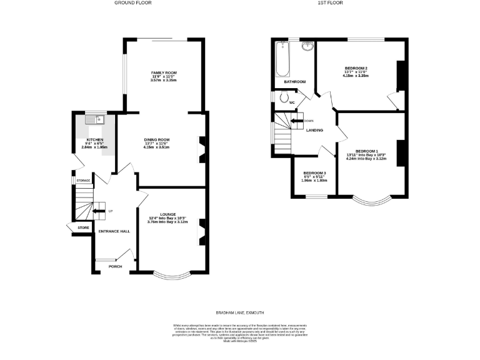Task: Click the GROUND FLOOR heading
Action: pyautogui.click(x=133, y=3)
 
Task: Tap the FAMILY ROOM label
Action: pyautogui.click(x=164, y=73)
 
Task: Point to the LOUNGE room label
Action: pyautogui.click(x=167, y=214)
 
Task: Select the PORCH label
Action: pyautogui.click(x=115, y=266)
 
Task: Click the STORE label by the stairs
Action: pyautogui.click(x=84, y=228)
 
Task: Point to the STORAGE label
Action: pyautogui.click(x=83, y=181)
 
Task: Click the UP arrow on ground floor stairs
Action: pyautogui.click(x=98, y=211)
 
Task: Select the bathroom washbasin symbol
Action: pyautogui.click(x=307, y=46)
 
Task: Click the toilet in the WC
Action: pyautogui.click(x=284, y=97)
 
